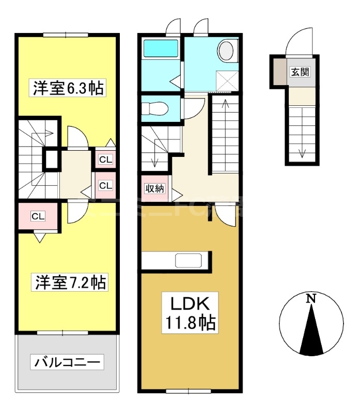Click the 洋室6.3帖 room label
coord(69,88)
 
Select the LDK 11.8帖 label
coord(191,312)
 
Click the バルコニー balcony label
coord(67,362)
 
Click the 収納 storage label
coord(154,188)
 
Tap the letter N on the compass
coord(310,298)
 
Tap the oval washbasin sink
coord(226,51)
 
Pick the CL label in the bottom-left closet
coord(38,216)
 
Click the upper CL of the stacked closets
coord(105,160)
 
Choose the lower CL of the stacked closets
coord(105,185)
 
